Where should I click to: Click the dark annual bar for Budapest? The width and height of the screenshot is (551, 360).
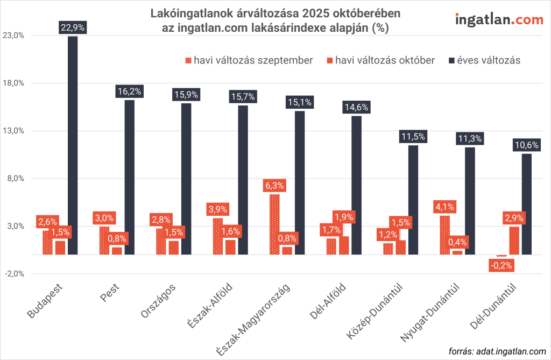point(73,145)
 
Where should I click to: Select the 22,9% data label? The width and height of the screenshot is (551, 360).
point(73,27)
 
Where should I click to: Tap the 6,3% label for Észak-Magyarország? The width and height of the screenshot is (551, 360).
point(275,186)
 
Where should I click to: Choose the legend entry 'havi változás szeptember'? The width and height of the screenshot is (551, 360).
point(248,60)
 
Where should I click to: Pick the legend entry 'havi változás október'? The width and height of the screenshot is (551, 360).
point(379,60)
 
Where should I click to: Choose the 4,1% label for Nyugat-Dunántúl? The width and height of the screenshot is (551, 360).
point(446,207)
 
